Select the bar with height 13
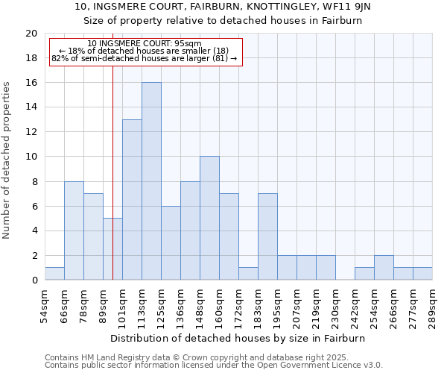(x=132, y=200)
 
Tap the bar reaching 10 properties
(x=209, y=218)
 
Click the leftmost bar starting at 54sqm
(x=54, y=274)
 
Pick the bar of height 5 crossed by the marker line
(x=112, y=249)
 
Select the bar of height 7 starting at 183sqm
(x=267, y=236)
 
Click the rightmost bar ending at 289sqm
(x=422, y=274)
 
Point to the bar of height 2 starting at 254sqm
(x=384, y=268)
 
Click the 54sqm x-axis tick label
(x=45, y=306)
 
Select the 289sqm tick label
(x=432, y=306)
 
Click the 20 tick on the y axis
(x=31, y=34)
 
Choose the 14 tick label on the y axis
(x=31, y=107)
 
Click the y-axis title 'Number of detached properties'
(x=7, y=160)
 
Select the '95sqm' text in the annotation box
(x=187, y=44)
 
